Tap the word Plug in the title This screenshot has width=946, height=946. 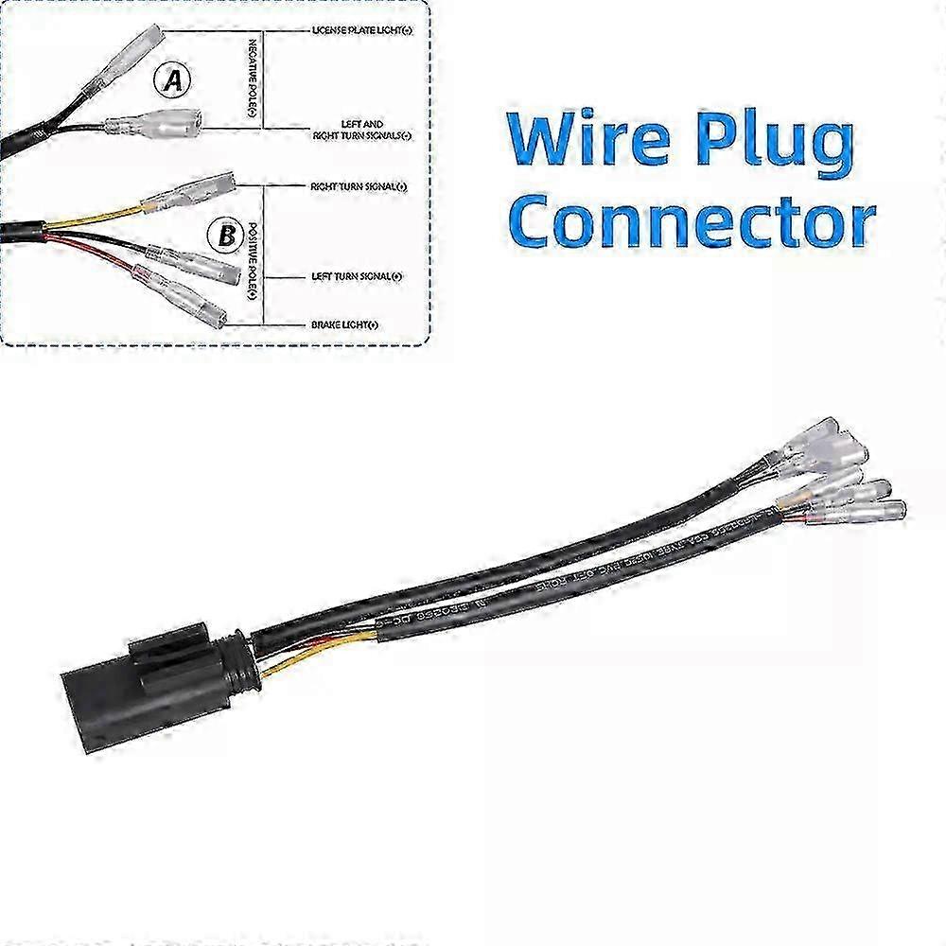(x=770, y=142)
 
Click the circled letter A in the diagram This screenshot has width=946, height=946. (x=172, y=82)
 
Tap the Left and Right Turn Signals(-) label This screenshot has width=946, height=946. (x=361, y=130)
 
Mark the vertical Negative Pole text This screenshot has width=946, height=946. (x=252, y=80)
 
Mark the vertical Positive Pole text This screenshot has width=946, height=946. (x=252, y=260)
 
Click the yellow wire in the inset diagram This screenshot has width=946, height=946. (x=95, y=219)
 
